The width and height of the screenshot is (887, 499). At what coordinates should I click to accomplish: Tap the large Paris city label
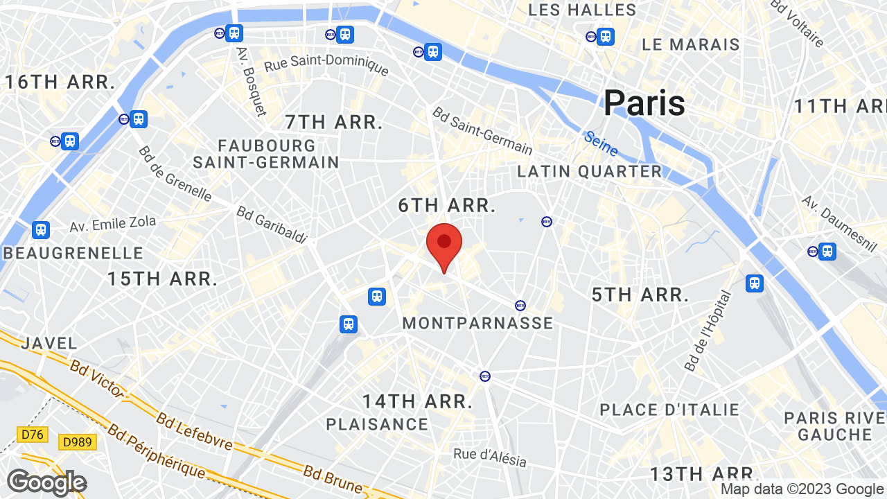(644, 103)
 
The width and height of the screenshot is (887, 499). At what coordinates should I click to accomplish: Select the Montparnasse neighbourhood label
(477, 323)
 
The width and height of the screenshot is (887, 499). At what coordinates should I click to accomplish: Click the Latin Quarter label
(590, 171)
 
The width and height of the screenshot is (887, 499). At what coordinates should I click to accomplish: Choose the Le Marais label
(691, 45)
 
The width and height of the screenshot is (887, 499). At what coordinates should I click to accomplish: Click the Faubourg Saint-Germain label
(266, 154)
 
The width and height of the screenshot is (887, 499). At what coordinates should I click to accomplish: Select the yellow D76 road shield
(32, 435)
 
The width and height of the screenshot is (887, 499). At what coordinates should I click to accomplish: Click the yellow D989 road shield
(78, 442)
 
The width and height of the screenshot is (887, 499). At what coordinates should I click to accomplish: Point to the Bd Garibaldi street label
(272, 225)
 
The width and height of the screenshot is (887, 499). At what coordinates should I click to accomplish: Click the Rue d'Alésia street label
(490, 457)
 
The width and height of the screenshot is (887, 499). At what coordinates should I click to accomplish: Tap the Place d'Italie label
(669, 410)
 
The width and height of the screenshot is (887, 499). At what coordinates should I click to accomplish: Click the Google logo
(46, 482)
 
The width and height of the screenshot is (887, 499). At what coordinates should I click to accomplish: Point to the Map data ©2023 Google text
(802, 489)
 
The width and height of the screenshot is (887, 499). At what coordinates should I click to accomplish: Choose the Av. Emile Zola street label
(112, 224)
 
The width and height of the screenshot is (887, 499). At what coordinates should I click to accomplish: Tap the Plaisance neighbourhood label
(377, 424)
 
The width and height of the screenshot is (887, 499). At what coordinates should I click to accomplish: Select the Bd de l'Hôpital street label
(707, 331)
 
